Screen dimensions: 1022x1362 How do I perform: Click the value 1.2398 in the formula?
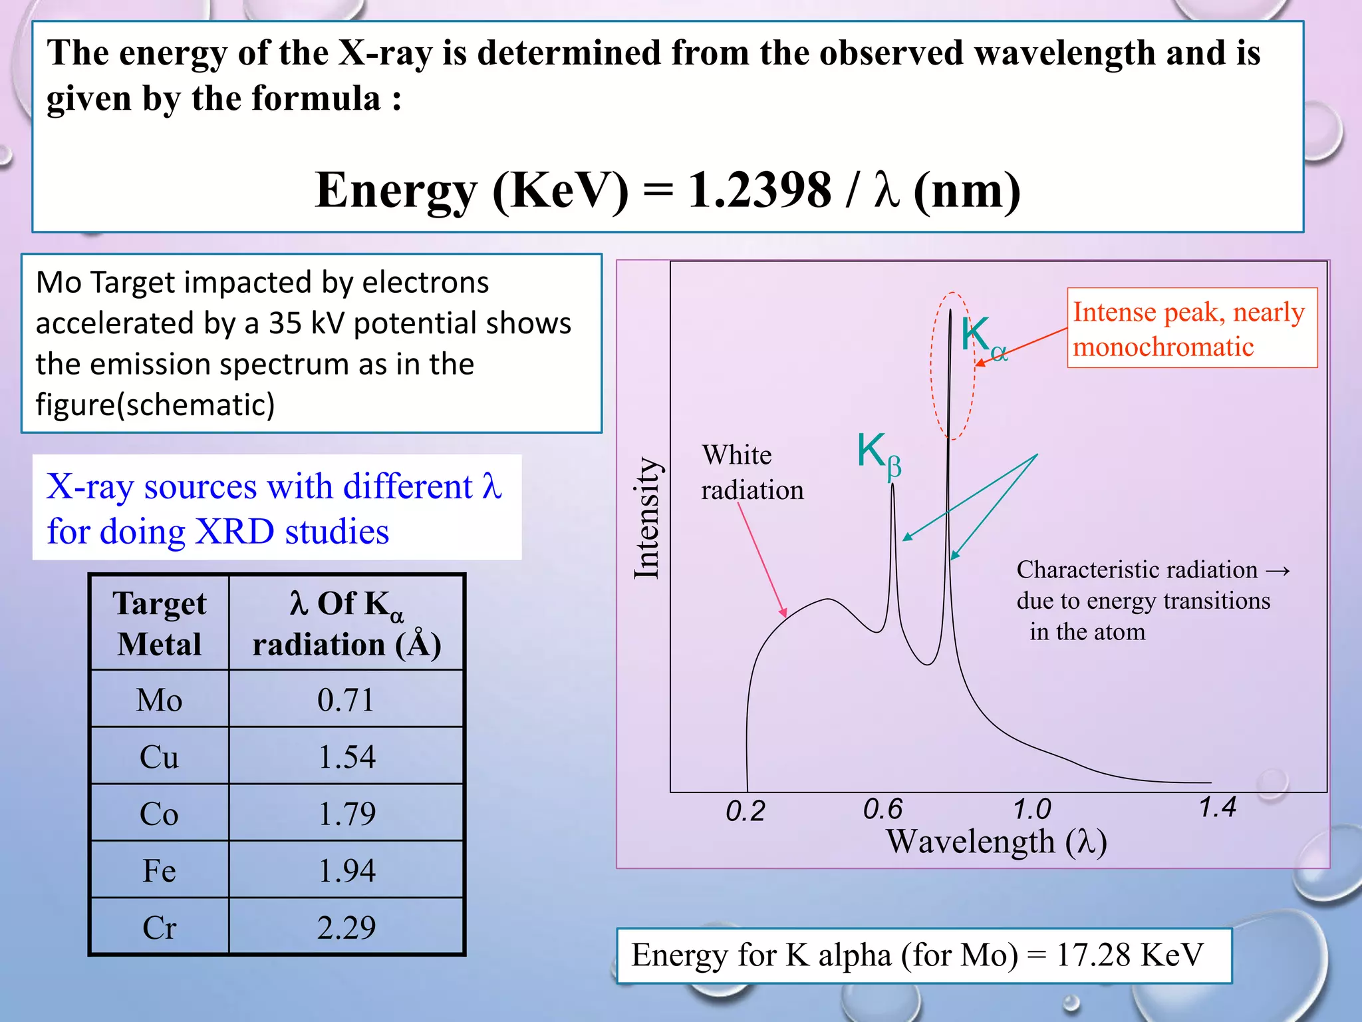pos(759,190)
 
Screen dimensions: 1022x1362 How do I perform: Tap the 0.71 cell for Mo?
pos(346,700)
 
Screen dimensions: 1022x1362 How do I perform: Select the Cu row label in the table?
pos(159,757)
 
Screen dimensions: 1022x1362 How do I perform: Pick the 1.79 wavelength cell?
pos(346,814)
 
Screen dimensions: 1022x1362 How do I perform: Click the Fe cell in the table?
pos(159,871)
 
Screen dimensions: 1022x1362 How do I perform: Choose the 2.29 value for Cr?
pos(346,928)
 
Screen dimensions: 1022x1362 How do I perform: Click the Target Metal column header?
pos(159,623)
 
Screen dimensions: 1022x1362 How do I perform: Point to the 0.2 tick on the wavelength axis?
pos(745,811)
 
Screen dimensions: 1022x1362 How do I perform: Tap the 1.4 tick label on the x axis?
pos(1217,808)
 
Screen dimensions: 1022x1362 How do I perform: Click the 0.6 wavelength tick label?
pos(883,810)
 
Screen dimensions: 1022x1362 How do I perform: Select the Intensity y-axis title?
pos(646,518)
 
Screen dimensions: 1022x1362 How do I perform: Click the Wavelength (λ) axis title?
pos(996,842)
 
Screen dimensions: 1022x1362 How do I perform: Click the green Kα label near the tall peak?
pos(982,338)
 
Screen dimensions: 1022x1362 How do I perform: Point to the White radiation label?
pos(751,472)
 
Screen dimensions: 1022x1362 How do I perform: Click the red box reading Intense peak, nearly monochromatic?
pos(1191,328)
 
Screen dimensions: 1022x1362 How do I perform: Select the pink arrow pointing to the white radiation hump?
pos(762,560)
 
